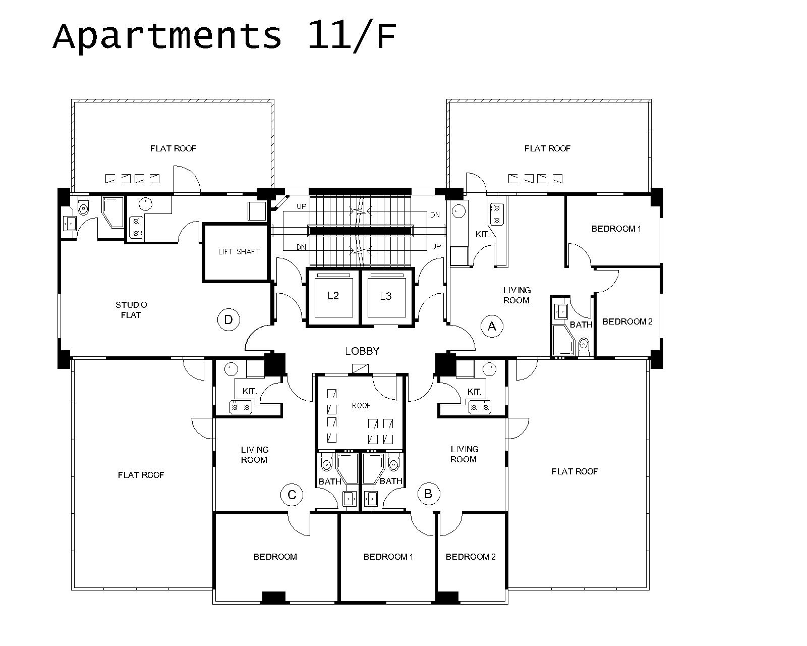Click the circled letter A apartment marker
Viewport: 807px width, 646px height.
click(x=492, y=326)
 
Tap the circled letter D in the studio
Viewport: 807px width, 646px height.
click(x=228, y=319)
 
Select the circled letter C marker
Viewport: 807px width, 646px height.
click(x=292, y=495)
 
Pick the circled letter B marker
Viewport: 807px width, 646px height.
click(x=428, y=494)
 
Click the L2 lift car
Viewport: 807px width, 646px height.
click(x=333, y=296)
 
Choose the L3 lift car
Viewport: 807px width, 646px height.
click(x=386, y=296)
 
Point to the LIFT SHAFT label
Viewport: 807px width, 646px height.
click(x=239, y=251)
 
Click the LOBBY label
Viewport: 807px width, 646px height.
click(x=362, y=351)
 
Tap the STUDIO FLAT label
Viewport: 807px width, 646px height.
click(x=131, y=310)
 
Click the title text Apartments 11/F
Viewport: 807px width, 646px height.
click(x=224, y=36)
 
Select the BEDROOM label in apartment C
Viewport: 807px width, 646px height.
click(x=275, y=557)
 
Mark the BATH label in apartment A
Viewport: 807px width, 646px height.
click(x=581, y=325)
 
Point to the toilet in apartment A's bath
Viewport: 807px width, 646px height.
click(x=584, y=346)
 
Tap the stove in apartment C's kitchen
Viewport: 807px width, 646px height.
click(x=241, y=407)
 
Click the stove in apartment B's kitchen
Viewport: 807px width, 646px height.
click(x=480, y=407)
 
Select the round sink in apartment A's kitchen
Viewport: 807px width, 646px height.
click(x=458, y=211)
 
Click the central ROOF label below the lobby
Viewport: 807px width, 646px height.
click(x=361, y=405)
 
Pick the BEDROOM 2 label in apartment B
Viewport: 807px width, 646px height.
click(x=471, y=557)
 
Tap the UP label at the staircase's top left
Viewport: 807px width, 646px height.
click(x=302, y=206)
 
